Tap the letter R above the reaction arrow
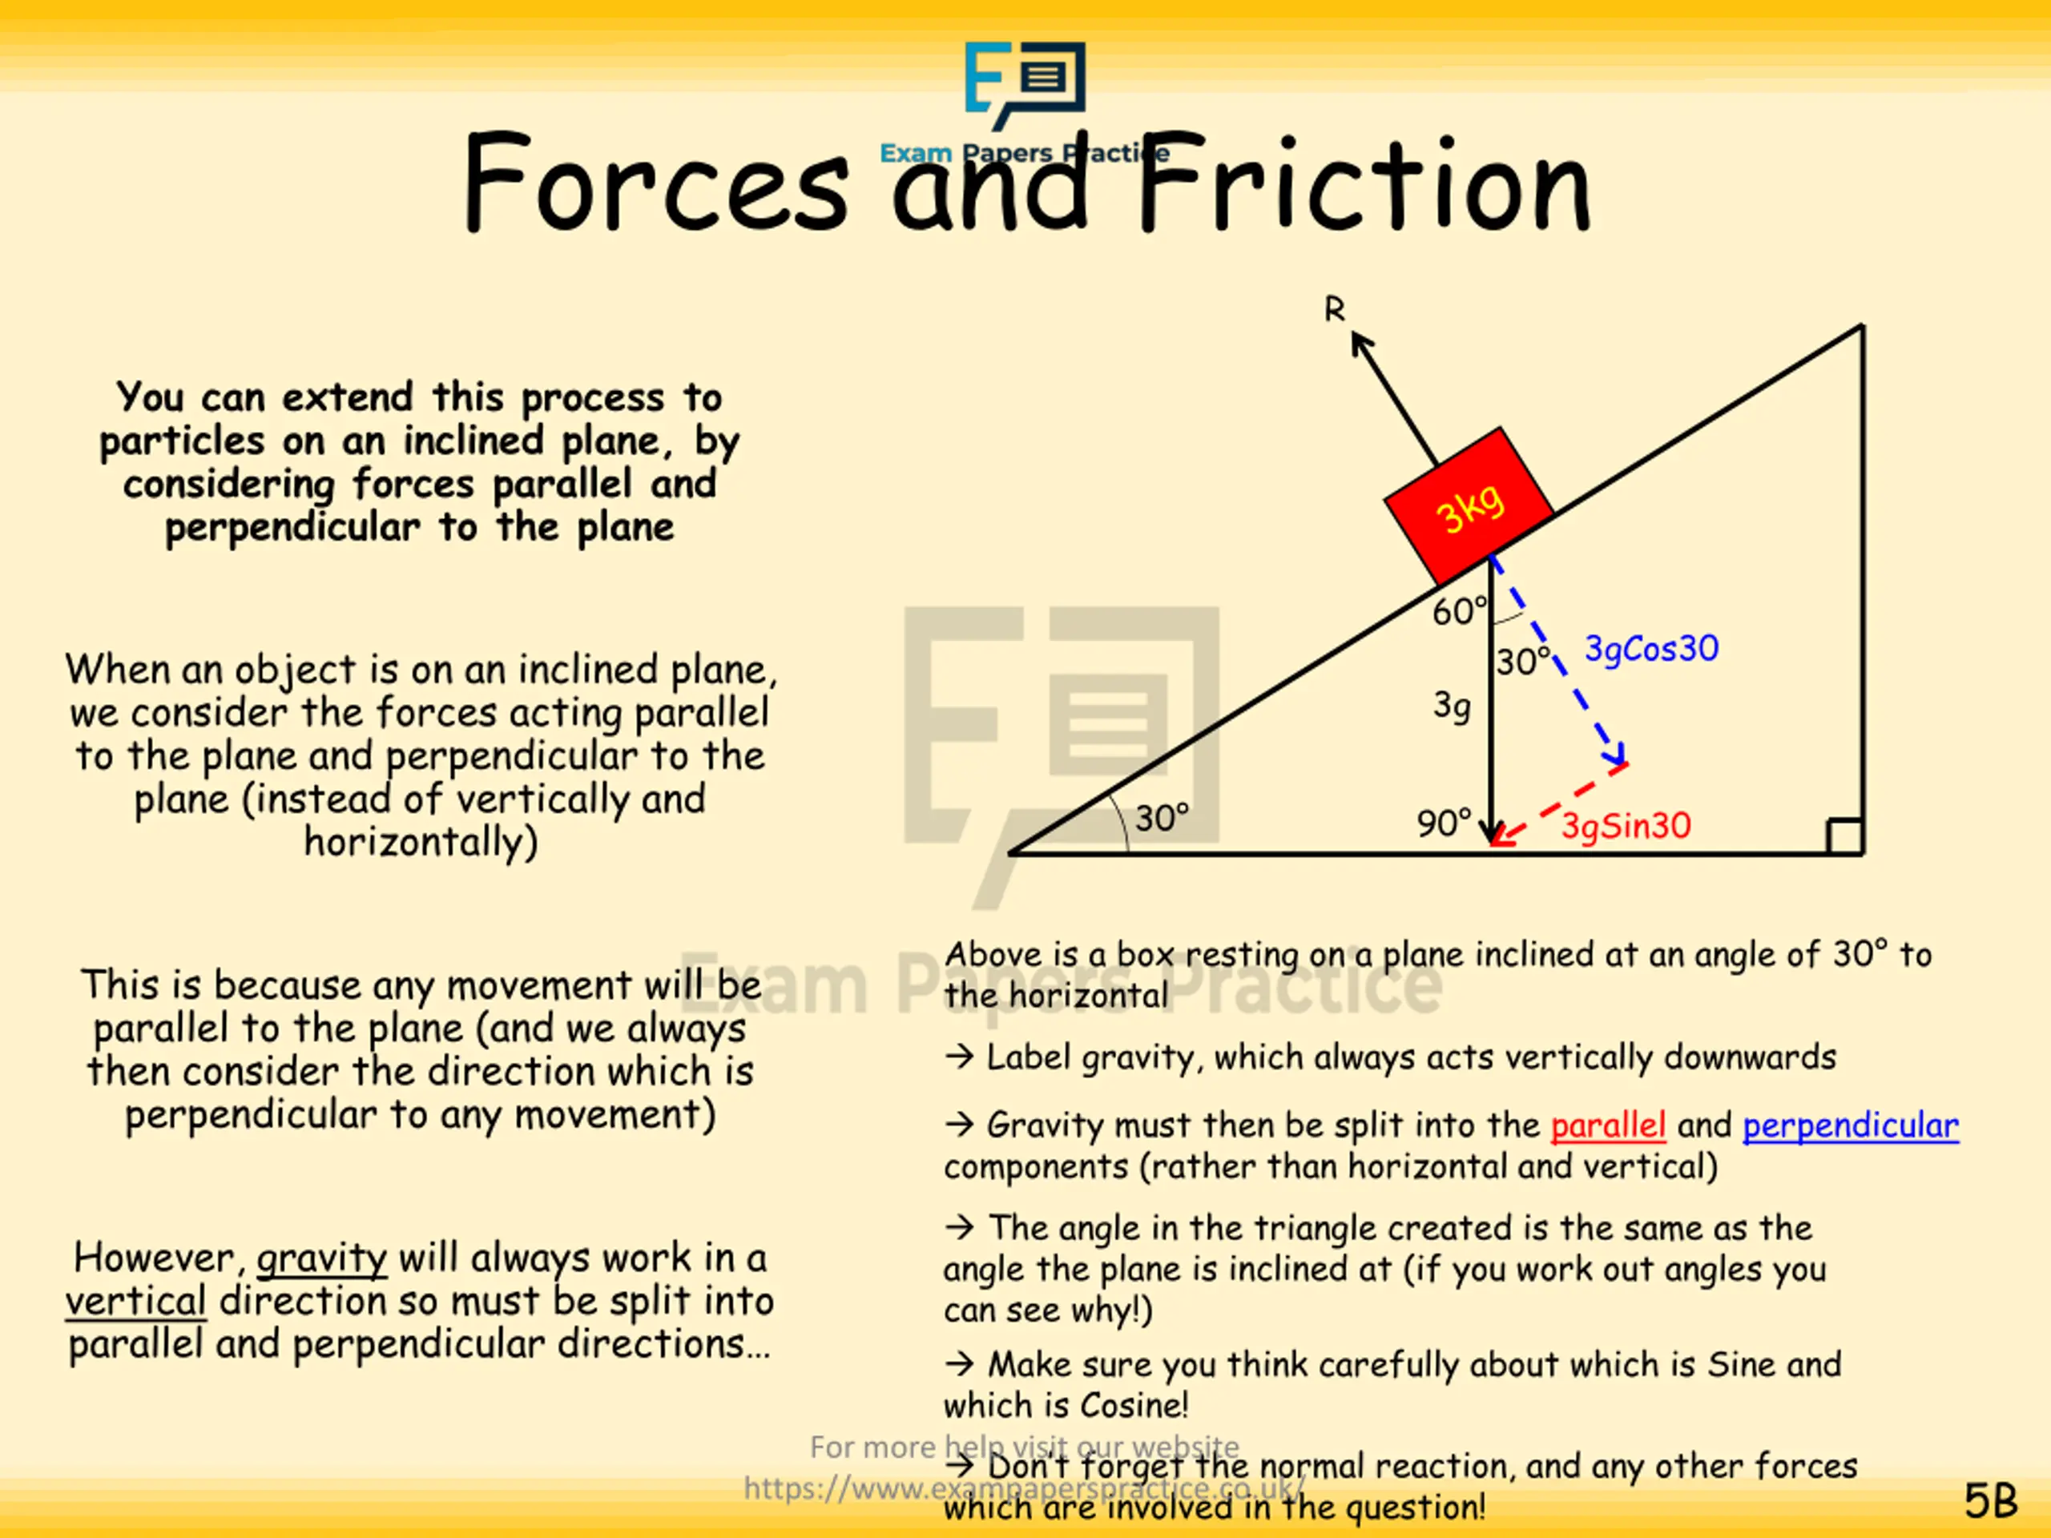pos(1334,308)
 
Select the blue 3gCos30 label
pos(1651,648)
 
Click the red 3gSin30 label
pos(1626,825)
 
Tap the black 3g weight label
pos(1452,707)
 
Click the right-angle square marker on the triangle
pos(1844,836)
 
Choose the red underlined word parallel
pos(1608,1125)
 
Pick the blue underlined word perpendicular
pos(1851,1125)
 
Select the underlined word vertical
pos(135,1302)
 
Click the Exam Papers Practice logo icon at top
pos(1025,83)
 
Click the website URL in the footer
pos(1024,1488)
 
